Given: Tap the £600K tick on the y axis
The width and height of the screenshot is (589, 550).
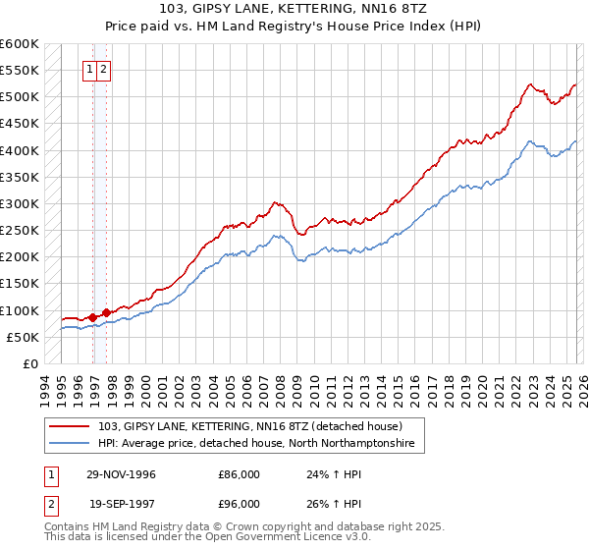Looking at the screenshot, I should pos(20,44).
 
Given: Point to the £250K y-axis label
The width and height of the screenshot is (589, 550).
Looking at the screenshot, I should pos(20,231).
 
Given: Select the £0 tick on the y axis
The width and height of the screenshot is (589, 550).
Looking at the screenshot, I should pos(31,363).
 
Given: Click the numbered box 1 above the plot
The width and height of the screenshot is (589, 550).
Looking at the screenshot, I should pos(89,69).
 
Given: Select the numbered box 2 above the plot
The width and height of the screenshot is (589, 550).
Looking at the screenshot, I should pos(103,69).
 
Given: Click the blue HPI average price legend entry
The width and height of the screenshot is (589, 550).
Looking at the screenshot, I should pos(255,444).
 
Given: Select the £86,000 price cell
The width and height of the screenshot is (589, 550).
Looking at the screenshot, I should pos(239,474).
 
